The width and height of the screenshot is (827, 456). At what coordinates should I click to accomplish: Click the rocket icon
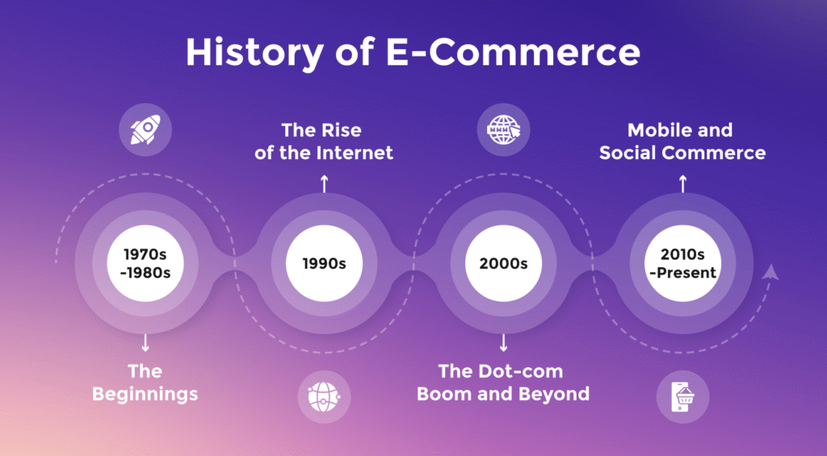(x=145, y=130)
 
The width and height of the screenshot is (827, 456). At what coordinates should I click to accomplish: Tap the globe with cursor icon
(x=503, y=130)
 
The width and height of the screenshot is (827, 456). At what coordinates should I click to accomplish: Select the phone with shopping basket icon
(x=682, y=397)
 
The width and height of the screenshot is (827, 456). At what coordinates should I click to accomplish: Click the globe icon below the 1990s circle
(x=324, y=396)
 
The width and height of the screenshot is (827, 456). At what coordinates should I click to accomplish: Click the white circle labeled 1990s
(x=325, y=263)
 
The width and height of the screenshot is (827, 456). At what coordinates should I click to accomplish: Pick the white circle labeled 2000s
(x=503, y=263)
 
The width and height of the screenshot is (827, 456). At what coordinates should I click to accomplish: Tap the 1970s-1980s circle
(x=145, y=263)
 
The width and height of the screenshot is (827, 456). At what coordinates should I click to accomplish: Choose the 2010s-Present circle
(x=682, y=263)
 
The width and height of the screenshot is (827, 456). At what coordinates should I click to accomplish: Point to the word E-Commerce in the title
(x=514, y=52)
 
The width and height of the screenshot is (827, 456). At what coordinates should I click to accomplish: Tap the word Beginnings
(x=145, y=395)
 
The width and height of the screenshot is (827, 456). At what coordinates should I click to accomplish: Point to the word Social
(x=628, y=153)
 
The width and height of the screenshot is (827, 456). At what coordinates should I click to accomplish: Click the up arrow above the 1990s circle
(x=325, y=184)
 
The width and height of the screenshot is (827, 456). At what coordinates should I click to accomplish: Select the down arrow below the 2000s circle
(x=503, y=343)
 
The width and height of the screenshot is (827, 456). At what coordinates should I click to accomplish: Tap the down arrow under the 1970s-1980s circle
(x=145, y=343)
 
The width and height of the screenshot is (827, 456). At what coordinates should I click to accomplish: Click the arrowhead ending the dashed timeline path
(x=770, y=271)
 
